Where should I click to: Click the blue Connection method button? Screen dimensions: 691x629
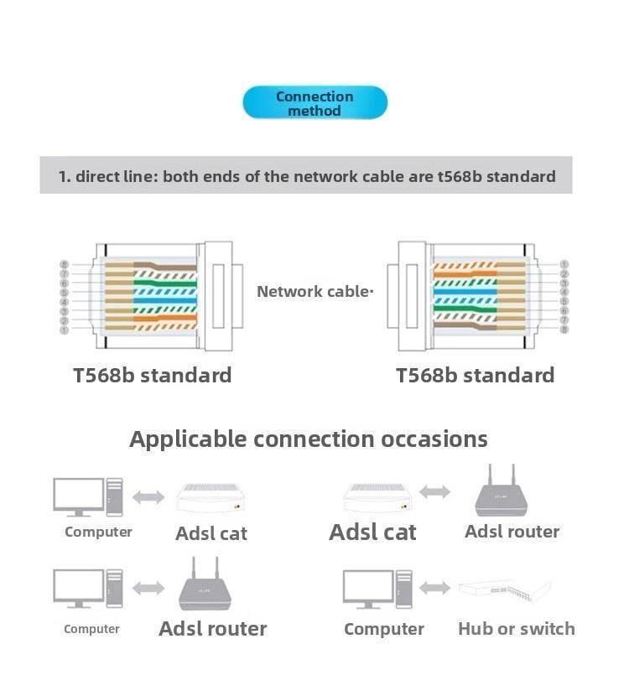click(314, 103)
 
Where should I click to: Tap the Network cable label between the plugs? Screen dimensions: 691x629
click(314, 292)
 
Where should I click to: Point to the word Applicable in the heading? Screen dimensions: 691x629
click(188, 439)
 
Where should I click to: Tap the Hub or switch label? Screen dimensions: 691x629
click(516, 629)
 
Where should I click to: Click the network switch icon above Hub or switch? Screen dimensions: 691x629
click(504, 589)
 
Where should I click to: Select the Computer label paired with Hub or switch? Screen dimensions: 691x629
click(383, 629)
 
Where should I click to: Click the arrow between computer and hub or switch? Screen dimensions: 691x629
click(434, 589)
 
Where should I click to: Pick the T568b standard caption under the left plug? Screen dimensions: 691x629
click(152, 375)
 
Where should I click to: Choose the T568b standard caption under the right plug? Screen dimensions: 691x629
click(475, 375)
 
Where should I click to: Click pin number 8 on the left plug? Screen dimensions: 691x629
click(64, 265)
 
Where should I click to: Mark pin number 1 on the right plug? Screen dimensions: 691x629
click(564, 265)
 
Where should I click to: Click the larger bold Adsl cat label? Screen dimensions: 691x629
click(372, 532)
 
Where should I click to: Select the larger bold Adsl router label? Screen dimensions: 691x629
click(212, 629)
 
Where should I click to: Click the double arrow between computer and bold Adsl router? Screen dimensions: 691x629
click(148, 589)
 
